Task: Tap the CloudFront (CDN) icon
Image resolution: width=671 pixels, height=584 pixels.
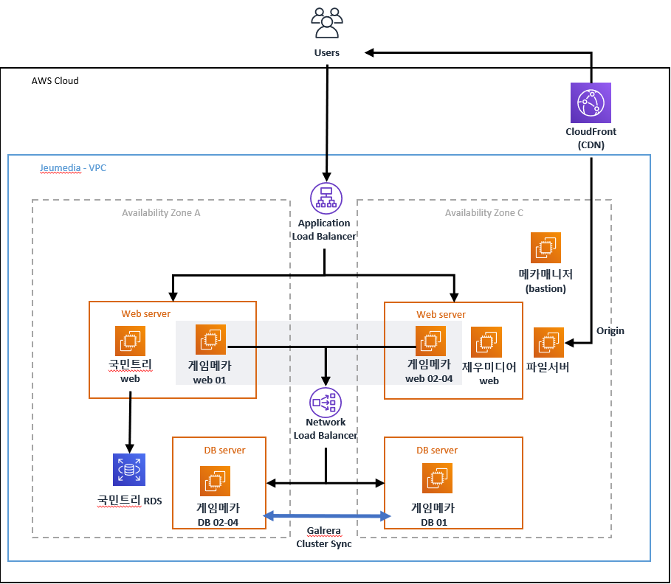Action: click(x=591, y=102)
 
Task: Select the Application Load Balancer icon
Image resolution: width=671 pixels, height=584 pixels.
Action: click(x=325, y=199)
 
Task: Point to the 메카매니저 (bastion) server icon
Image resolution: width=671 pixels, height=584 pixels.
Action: click(x=546, y=248)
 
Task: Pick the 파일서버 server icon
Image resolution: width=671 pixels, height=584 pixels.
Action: click(x=548, y=342)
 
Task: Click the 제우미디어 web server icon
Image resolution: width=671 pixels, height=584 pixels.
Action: click(x=486, y=342)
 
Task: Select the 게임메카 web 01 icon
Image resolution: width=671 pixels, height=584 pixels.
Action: click(x=210, y=340)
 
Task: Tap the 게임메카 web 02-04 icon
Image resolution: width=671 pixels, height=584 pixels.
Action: click(x=430, y=341)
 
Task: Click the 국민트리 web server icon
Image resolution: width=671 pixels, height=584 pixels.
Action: click(x=130, y=341)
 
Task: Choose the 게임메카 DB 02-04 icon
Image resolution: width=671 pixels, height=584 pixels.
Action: click(x=215, y=481)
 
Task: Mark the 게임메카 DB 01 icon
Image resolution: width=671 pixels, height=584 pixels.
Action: click(x=436, y=479)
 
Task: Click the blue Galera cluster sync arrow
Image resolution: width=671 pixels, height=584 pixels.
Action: click(x=326, y=516)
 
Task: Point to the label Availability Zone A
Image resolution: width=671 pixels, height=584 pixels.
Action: click(x=161, y=213)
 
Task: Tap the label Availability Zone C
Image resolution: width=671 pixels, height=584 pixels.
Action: click(x=484, y=213)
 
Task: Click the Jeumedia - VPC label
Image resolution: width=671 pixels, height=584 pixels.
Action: click(x=73, y=168)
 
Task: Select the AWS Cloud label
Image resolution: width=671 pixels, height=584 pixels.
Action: click(x=55, y=80)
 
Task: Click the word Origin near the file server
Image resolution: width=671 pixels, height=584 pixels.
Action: click(x=610, y=331)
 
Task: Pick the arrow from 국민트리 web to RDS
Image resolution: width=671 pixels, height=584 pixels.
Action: click(x=130, y=424)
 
